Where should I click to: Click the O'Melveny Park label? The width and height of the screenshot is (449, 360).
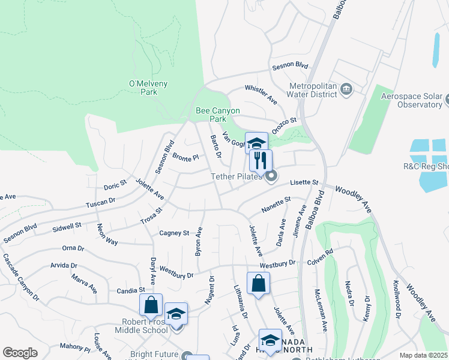(140, 88)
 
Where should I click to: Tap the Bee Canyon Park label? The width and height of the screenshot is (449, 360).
(218, 115)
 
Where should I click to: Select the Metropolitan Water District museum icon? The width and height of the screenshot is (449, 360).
(346, 89)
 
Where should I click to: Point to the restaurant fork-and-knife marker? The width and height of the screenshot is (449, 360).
(261, 160)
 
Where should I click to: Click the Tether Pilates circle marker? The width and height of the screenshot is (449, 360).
(272, 176)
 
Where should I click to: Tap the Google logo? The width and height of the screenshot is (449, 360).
(20, 353)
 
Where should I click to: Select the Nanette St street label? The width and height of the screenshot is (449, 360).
(277, 204)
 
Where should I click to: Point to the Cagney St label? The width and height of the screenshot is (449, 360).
(174, 233)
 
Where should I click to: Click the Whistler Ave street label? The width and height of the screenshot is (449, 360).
(261, 96)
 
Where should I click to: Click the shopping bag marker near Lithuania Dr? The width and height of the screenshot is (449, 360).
(258, 283)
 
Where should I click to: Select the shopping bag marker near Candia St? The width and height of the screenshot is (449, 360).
(151, 304)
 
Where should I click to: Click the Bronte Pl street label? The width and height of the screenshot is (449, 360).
(185, 158)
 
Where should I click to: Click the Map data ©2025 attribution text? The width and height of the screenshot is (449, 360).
(423, 355)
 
